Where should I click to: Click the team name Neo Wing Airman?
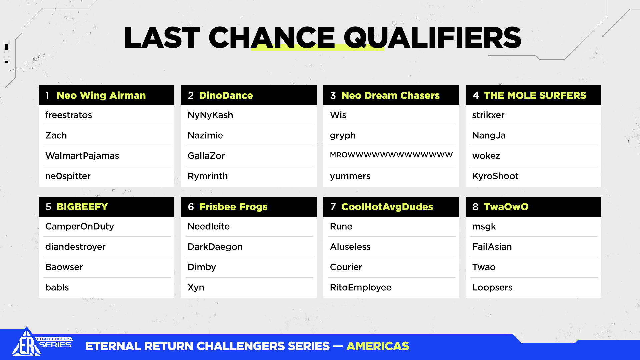(101, 96)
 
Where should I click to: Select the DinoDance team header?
(226, 96)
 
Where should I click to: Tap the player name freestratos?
(69, 115)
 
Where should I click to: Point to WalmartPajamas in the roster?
(82, 156)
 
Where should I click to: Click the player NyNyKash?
(210, 115)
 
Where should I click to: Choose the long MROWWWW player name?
(391, 155)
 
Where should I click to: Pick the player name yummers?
(350, 176)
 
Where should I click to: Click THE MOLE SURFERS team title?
(535, 96)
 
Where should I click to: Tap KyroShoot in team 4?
(495, 176)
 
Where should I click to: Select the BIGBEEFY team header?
(82, 207)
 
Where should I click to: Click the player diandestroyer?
(75, 247)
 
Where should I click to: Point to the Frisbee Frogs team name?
(233, 207)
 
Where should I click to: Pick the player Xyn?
(196, 287)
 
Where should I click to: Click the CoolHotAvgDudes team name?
(387, 207)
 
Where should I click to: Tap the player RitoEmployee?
(361, 287)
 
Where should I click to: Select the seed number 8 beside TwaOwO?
(476, 207)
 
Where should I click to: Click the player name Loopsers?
(492, 287)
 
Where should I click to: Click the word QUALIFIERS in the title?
(432, 38)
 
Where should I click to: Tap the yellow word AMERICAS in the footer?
(378, 346)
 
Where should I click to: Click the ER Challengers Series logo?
(42, 342)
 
